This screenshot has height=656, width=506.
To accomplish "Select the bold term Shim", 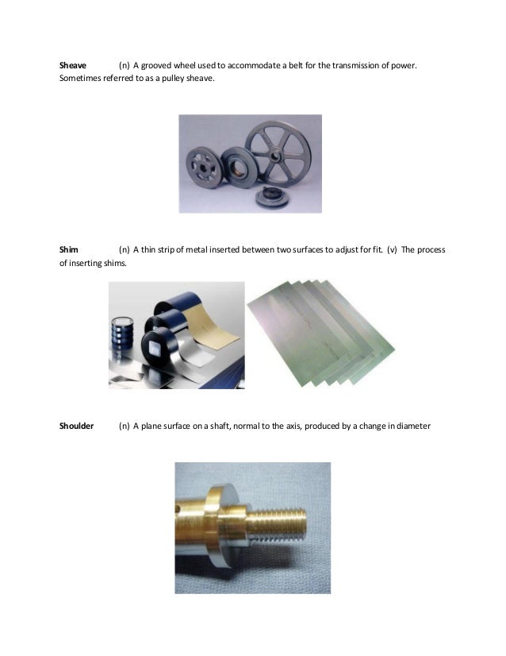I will tap(70, 250).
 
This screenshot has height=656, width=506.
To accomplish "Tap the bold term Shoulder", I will tap(77, 426).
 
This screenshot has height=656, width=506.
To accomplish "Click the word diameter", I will tap(412, 426).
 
